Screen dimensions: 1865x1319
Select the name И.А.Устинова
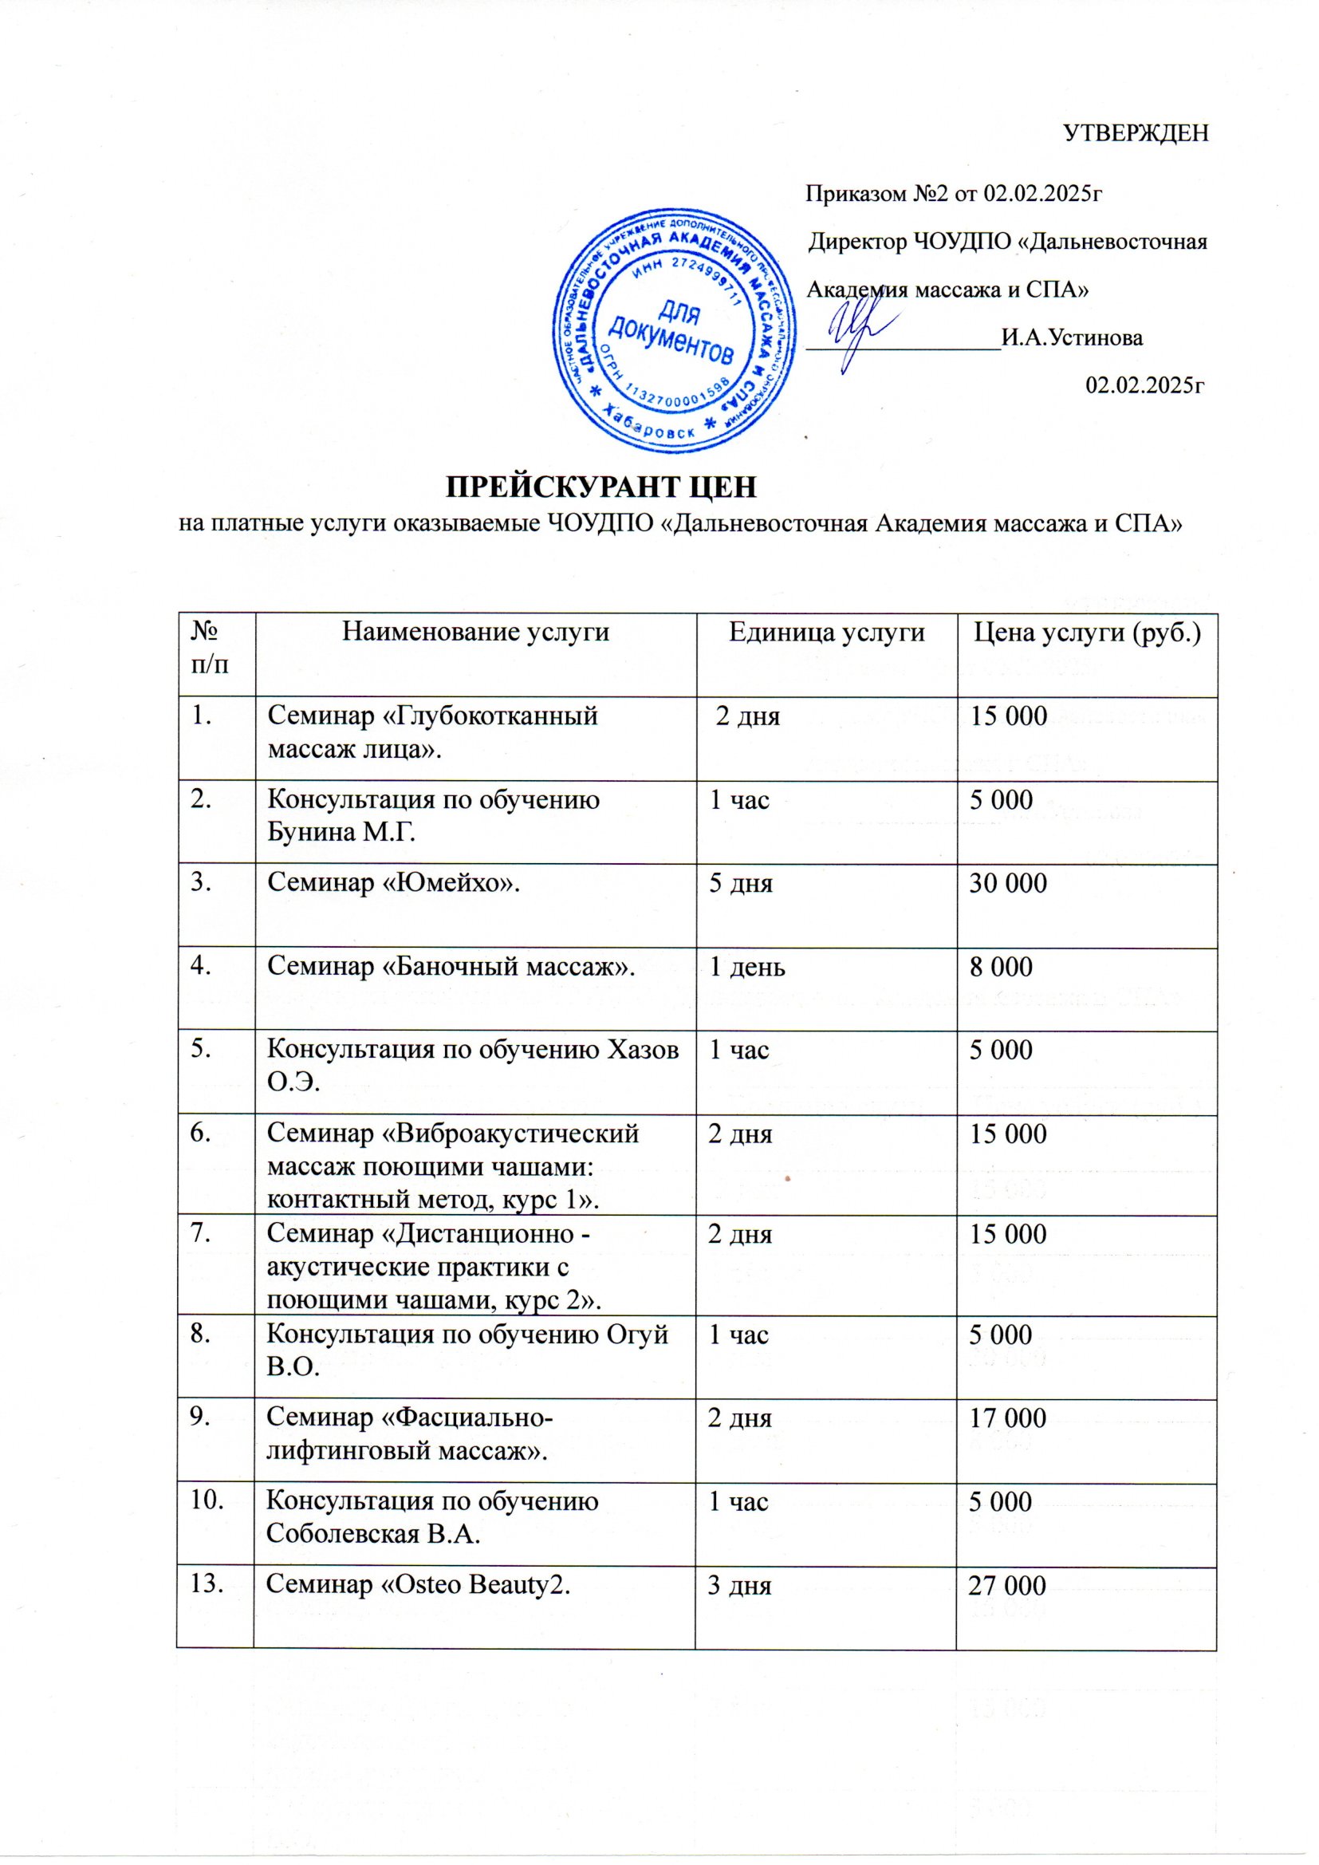click(1072, 338)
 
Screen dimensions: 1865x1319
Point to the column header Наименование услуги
click(475, 632)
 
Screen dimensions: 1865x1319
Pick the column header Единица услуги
click(826, 632)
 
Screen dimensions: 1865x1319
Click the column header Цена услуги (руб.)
click(1087, 632)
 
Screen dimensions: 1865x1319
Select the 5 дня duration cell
click(741, 883)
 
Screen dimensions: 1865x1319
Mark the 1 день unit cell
click(747, 967)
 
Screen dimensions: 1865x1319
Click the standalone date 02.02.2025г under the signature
click(1144, 384)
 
